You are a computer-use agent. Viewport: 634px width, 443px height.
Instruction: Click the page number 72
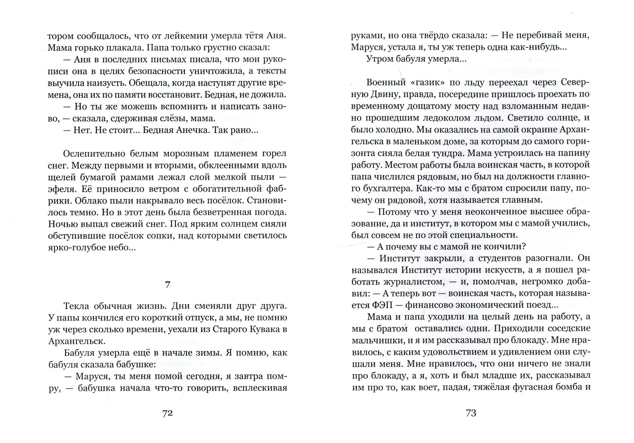tap(167, 413)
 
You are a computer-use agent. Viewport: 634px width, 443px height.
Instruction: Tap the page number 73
tap(471, 413)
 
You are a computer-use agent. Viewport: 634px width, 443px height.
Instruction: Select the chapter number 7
tap(167, 285)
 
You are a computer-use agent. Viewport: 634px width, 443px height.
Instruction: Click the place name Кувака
tap(261, 329)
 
